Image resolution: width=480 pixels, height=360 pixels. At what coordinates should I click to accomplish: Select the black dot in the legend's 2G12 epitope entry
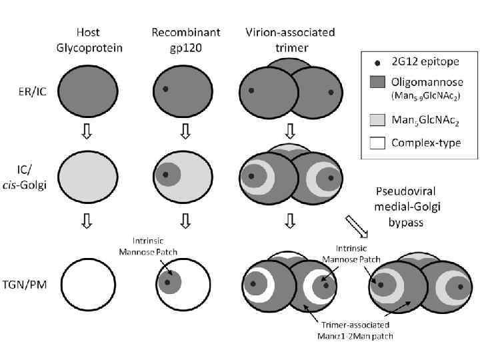[378, 63]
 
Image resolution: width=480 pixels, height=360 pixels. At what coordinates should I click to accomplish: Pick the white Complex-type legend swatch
[379, 143]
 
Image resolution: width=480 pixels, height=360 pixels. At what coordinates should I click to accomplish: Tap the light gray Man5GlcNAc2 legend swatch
[379, 120]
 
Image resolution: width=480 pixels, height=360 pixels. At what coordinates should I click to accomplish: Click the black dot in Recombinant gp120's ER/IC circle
[165, 89]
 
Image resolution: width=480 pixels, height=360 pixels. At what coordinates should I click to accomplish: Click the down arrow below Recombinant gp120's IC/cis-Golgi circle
[185, 220]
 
